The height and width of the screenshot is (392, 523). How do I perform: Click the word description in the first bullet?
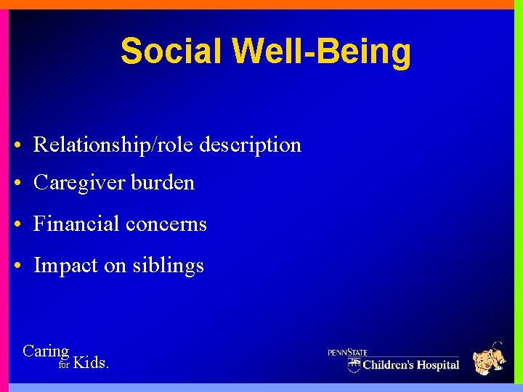click(250, 144)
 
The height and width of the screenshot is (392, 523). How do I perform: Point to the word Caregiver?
click(79, 182)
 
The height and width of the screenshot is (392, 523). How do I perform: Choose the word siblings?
click(168, 266)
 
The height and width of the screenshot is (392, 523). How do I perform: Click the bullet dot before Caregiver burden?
click(17, 184)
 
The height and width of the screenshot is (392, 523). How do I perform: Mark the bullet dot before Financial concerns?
click(17, 225)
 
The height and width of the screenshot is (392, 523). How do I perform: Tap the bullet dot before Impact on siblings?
click(17, 266)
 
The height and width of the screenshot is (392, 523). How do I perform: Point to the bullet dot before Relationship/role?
click(17, 145)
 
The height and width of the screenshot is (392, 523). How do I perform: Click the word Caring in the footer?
click(46, 351)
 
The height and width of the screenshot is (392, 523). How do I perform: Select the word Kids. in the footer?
click(92, 362)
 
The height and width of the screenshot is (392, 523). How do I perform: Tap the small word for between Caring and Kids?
click(64, 365)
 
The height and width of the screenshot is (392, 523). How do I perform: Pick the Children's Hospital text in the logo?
click(410, 364)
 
